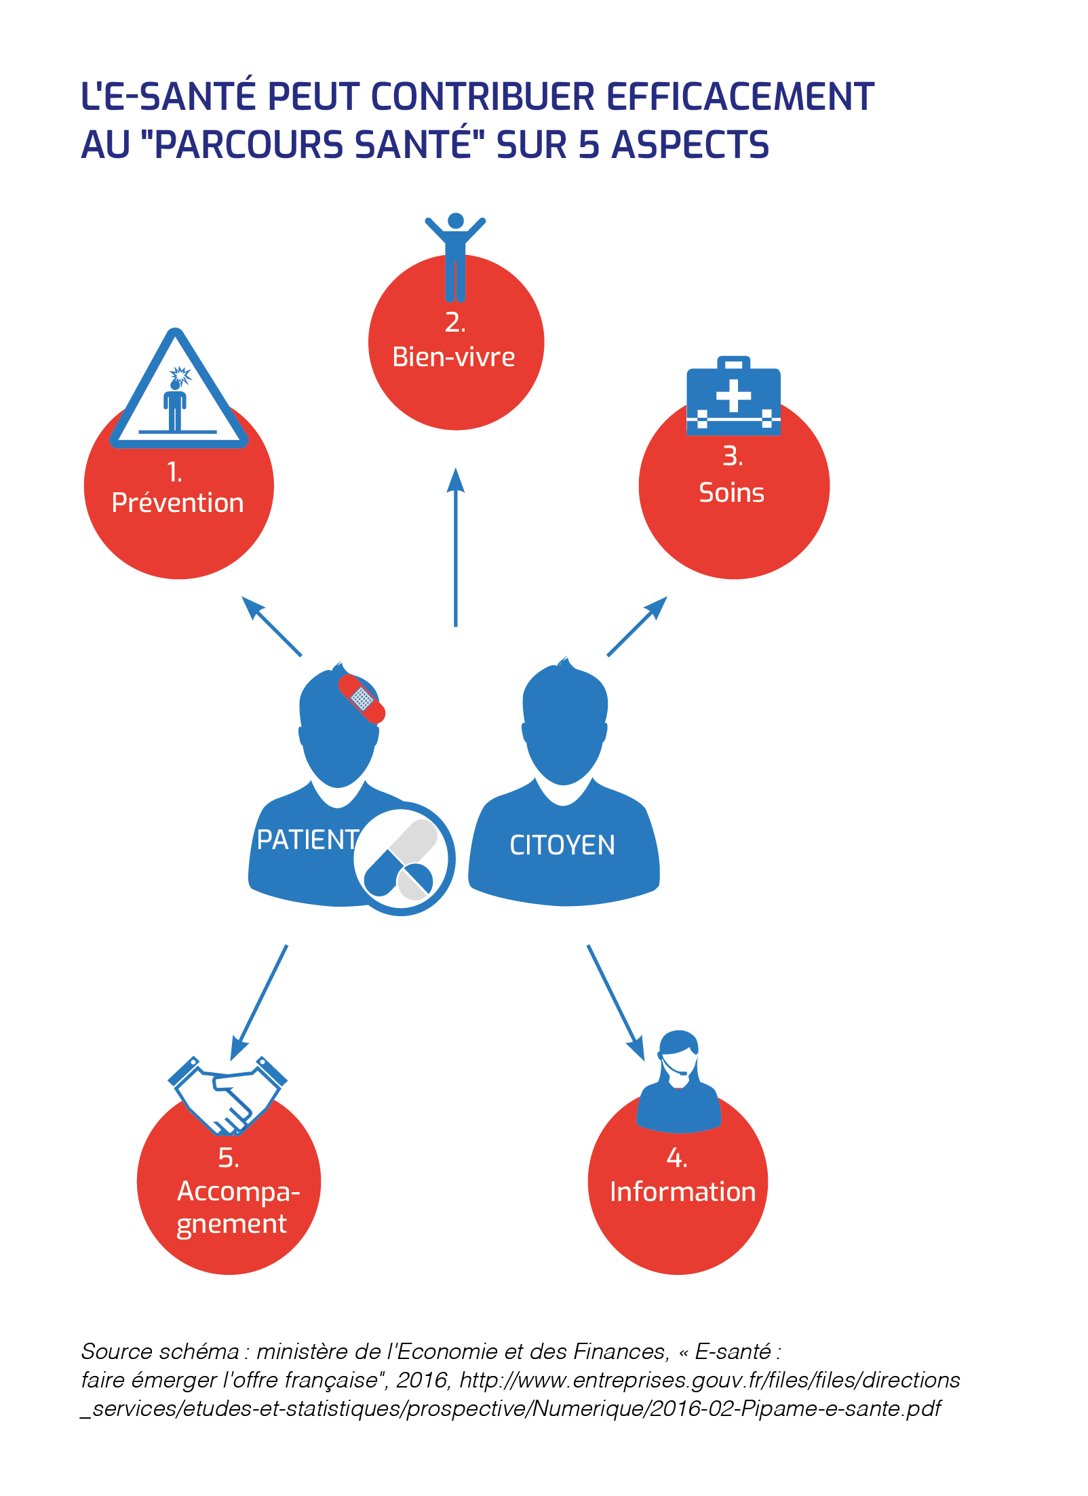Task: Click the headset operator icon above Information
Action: [x=678, y=1082]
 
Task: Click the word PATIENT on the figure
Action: [x=307, y=840]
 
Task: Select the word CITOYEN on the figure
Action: [x=562, y=846]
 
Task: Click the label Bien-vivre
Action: [x=454, y=357]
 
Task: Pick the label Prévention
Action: [x=178, y=503]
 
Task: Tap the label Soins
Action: [x=731, y=493]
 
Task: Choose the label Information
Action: [x=682, y=1192]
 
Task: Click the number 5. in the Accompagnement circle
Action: [x=229, y=1158]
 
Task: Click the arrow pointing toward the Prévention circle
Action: [x=271, y=626]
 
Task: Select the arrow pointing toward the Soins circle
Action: [x=638, y=626]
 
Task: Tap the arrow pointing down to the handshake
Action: [x=259, y=1002]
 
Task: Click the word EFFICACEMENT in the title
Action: [x=740, y=96]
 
